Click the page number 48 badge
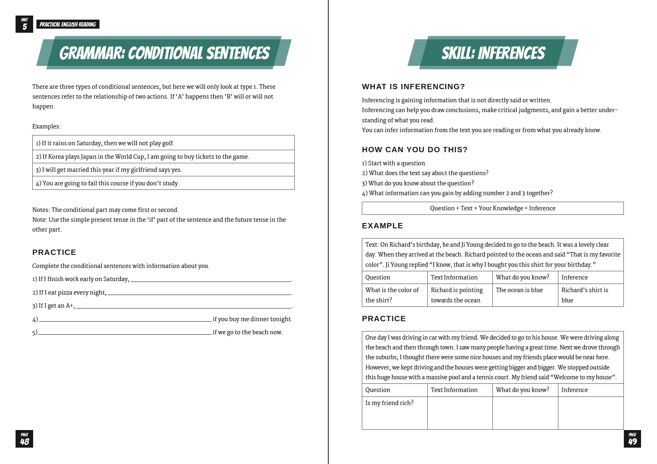24,439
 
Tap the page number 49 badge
632,439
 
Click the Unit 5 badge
24,24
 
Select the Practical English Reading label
68,24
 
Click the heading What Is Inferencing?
413,87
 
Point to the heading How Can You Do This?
414,150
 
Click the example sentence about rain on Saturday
105,143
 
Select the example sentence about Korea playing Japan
142,157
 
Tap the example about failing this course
108,183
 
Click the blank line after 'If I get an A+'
183,306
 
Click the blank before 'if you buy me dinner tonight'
125,319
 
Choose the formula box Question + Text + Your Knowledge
492,208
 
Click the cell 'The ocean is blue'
519,290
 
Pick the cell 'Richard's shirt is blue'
585,295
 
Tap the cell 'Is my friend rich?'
389,403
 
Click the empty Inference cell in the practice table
590,413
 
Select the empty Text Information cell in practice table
460,413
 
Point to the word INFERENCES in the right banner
511,53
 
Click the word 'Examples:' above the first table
46,126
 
